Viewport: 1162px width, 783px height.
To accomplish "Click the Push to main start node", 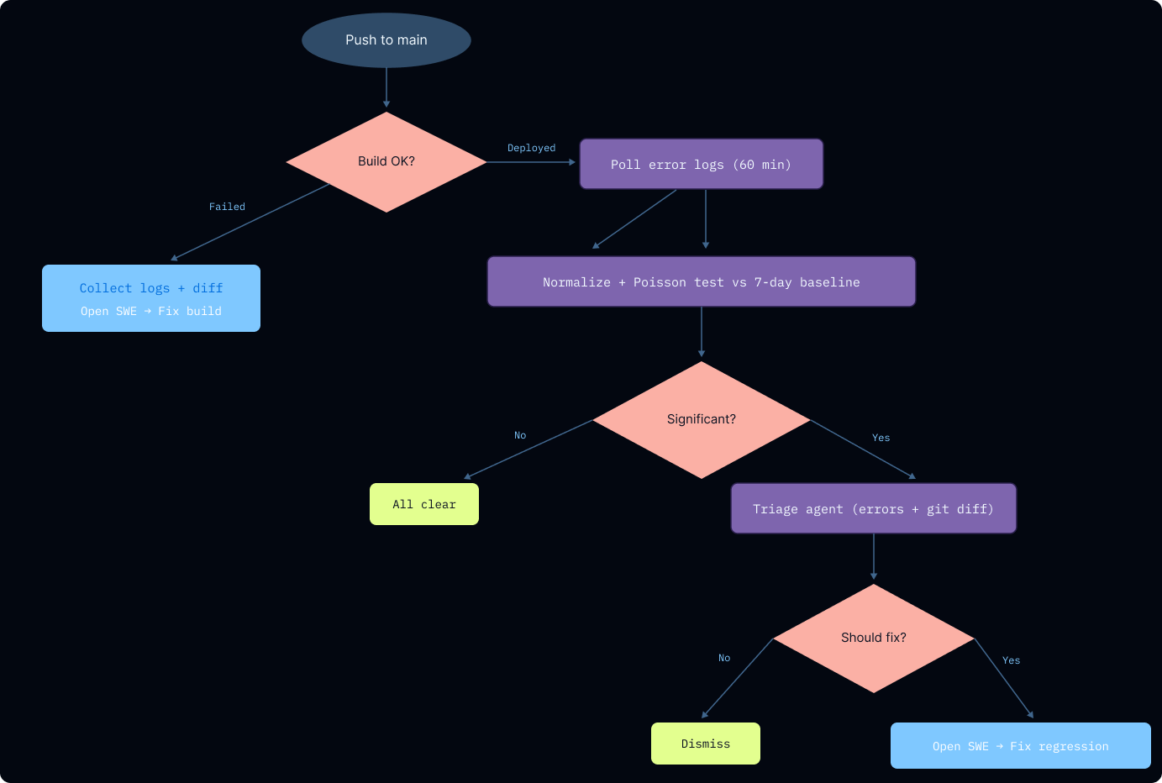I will click(386, 40).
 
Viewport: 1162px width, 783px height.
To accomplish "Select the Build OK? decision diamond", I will click(386, 161).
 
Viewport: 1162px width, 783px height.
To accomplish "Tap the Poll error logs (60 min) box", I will click(701, 165).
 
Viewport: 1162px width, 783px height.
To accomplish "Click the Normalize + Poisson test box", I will click(701, 282).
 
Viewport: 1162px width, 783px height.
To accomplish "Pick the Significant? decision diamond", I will click(701, 419).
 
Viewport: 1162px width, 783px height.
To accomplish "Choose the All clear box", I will click(424, 504).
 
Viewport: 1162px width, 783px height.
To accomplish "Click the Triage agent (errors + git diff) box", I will click(873, 509).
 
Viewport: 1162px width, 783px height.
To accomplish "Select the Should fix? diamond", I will click(873, 638).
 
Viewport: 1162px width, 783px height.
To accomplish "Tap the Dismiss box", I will click(706, 744).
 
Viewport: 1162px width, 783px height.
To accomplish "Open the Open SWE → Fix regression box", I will click(1020, 746).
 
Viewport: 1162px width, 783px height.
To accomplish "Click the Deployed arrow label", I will click(531, 148).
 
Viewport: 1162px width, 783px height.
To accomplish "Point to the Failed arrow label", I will click(227, 207).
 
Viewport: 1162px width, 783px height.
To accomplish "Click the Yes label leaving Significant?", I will click(881, 438).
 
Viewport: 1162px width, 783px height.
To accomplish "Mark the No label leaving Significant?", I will click(520, 435).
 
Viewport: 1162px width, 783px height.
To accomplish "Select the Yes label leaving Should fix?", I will click(1011, 660).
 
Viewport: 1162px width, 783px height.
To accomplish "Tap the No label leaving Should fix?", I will click(724, 658).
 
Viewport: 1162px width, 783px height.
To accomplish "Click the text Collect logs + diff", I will click(151, 288).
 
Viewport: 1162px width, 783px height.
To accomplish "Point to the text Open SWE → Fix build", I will click(151, 311).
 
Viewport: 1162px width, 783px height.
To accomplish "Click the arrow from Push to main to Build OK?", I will click(386, 88).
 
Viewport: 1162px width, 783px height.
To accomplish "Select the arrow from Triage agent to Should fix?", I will click(874, 556).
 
